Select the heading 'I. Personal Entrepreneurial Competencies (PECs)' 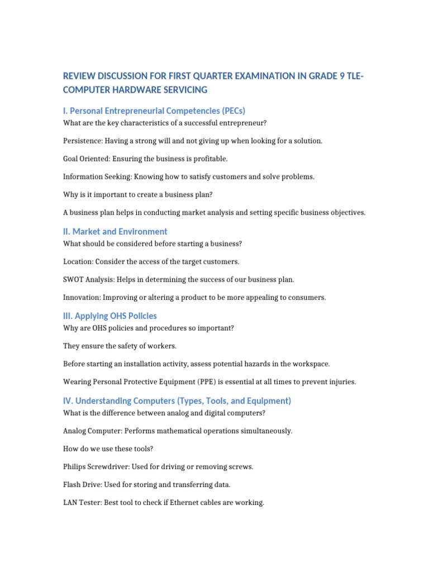(x=154, y=111)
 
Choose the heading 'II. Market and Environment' (x=115, y=231)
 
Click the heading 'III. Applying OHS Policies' (x=110, y=316)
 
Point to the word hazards (x=253, y=364)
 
